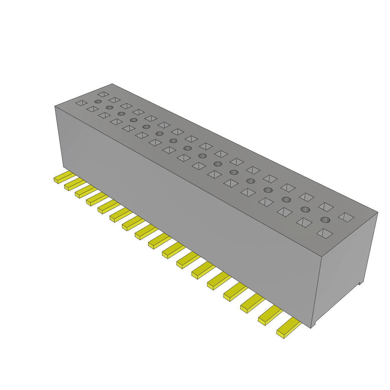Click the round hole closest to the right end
pos(325,219)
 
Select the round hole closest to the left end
pos(98,102)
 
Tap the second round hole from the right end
pos(305,209)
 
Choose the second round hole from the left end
pos(109,107)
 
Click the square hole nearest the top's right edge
pos(346,217)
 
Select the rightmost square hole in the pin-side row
pos(324,233)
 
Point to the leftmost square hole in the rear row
pos(103,94)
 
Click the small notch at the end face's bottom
pos(360,283)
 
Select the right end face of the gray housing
pos(345,267)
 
